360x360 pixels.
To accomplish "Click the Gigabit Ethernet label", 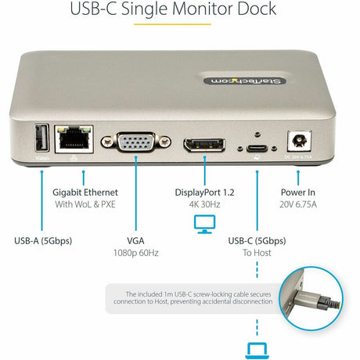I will (x=86, y=192).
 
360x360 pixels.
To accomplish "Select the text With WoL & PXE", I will (x=86, y=205).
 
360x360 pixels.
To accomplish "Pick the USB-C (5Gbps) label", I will (x=255, y=240).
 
